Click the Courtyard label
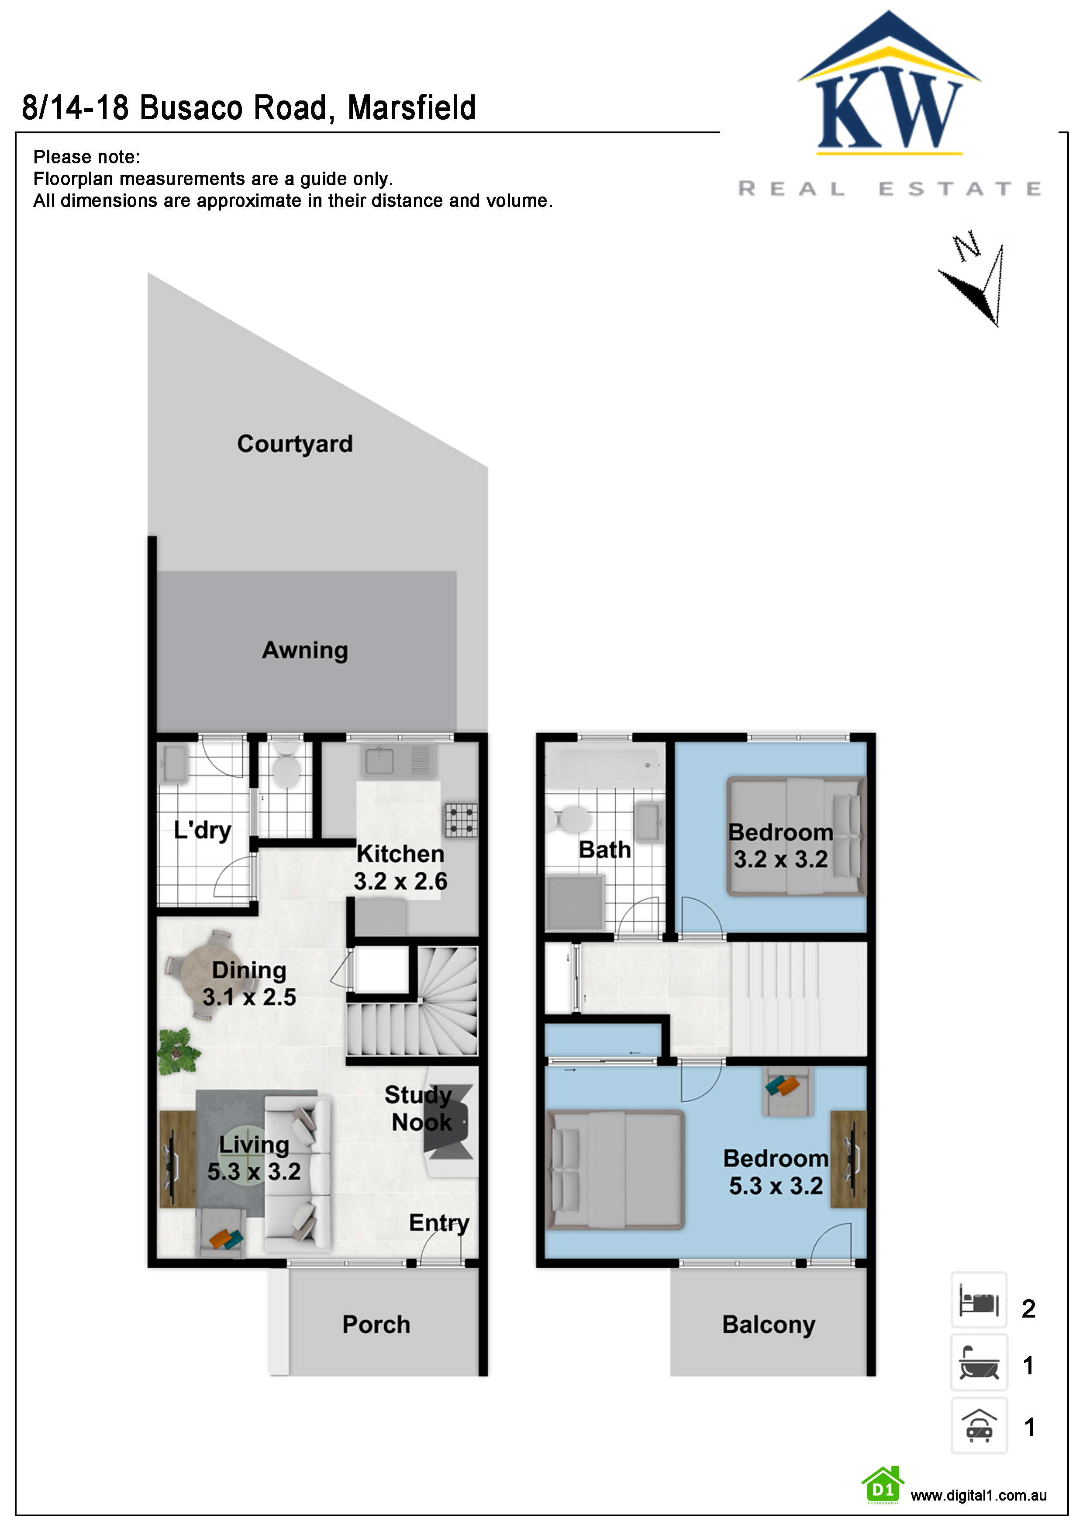tap(295, 444)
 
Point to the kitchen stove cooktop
tap(461, 820)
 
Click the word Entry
tap(439, 1223)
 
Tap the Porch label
tap(376, 1325)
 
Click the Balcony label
tap(769, 1325)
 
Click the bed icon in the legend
tap(979, 1300)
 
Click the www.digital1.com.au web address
tap(978, 1495)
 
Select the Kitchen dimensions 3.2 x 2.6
tap(400, 881)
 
